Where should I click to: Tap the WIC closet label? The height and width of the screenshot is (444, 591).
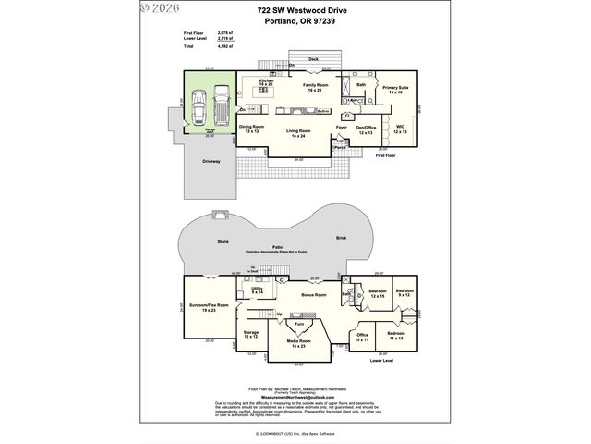pyautogui.click(x=400, y=129)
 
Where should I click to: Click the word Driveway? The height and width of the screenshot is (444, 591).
pyautogui.click(x=211, y=161)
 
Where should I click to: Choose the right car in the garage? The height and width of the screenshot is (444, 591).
pyautogui.click(x=222, y=106)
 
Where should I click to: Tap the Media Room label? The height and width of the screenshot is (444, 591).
pyautogui.click(x=297, y=343)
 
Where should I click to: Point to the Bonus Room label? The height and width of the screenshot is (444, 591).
pyautogui.click(x=315, y=295)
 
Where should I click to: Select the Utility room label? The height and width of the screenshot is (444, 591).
pyautogui.click(x=258, y=291)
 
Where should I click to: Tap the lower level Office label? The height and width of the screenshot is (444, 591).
pyautogui.click(x=362, y=337)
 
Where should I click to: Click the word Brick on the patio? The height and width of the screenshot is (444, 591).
pyautogui.click(x=341, y=238)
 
